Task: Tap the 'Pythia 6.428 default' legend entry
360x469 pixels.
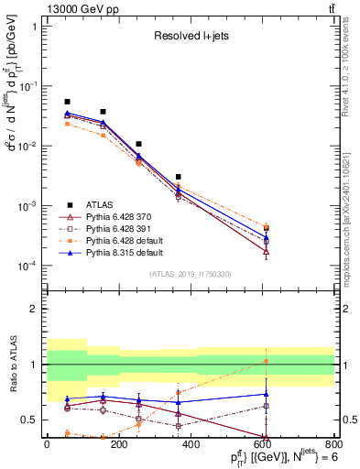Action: pyautogui.click(x=125, y=240)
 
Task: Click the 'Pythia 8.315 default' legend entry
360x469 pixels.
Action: pyautogui.click(x=125, y=251)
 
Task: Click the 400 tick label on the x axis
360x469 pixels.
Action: pyautogui.click(x=190, y=449)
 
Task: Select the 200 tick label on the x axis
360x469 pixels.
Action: pyautogui.click(x=118, y=449)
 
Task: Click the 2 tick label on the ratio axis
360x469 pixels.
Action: pyautogui.click(x=34, y=309)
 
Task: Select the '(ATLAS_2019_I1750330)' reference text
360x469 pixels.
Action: pyautogui.click(x=190, y=274)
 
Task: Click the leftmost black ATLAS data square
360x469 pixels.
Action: pyautogui.click(x=67, y=102)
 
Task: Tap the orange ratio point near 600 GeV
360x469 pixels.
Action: pyautogui.click(x=266, y=361)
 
